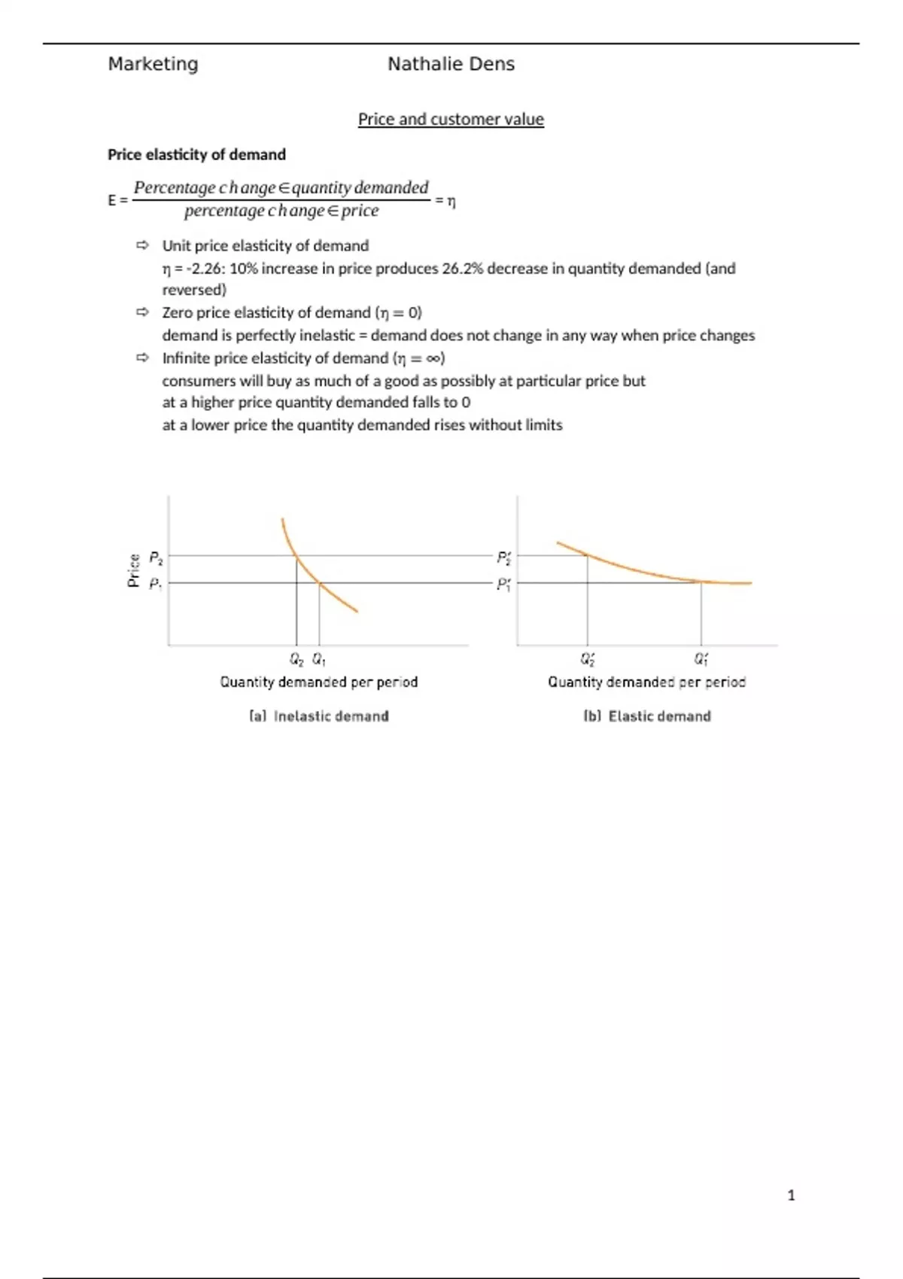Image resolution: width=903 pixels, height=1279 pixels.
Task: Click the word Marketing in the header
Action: [x=153, y=64]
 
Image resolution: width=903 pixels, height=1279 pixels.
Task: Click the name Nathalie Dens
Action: [x=451, y=64]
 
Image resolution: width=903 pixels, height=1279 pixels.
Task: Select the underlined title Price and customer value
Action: [x=451, y=119]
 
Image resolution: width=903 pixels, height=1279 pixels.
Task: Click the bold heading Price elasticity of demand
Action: [x=196, y=154]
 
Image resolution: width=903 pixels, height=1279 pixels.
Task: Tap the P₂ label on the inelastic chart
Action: [x=156, y=557]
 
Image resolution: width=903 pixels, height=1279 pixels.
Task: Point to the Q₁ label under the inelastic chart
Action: [x=319, y=659]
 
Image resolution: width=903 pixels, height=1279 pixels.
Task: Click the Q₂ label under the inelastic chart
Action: [x=296, y=659]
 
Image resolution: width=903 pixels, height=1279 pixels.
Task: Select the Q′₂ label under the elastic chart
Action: [x=588, y=660]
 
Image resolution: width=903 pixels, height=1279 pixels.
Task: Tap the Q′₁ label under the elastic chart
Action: [x=701, y=660]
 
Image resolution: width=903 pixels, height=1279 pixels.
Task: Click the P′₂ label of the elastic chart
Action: [x=503, y=557]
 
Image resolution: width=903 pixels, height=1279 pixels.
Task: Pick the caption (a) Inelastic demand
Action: [x=319, y=716]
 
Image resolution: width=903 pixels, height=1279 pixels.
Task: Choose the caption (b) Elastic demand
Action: [x=647, y=716]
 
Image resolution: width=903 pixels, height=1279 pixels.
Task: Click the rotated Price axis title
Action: [x=134, y=570]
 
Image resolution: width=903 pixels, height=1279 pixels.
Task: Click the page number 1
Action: [x=791, y=1195]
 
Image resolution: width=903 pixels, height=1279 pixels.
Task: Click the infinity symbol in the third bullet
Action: [x=433, y=358]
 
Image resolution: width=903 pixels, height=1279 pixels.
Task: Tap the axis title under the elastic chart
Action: [x=646, y=682]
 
